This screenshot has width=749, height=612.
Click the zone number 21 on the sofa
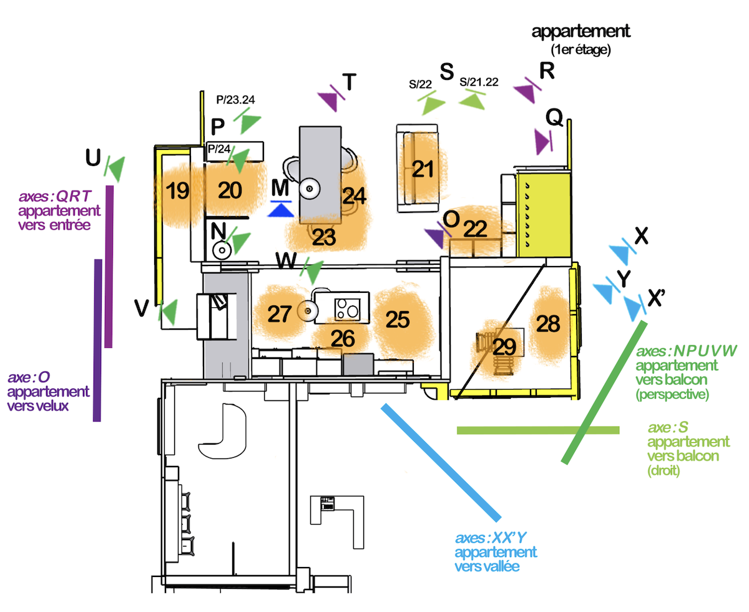click(423, 169)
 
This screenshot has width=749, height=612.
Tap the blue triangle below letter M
click(281, 210)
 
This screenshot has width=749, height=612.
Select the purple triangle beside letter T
click(328, 101)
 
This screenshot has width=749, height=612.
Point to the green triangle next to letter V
click(170, 312)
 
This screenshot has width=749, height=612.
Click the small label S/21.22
click(479, 82)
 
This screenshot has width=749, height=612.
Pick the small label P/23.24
click(235, 100)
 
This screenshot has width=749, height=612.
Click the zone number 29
click(504, 347)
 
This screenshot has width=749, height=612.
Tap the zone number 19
click(177, 190)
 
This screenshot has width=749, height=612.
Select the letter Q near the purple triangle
click(554, 117)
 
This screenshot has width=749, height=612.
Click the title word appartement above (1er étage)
click(580, 31)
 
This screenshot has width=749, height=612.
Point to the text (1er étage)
click(580, 50)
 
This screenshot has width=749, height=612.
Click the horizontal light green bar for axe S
click(538, 430)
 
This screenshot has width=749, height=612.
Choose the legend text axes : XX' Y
click(491, 538)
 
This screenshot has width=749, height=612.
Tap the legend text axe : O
click(29, 377)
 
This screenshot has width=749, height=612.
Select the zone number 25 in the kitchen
click(398, 320)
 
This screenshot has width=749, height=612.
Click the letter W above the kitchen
click(286, 260)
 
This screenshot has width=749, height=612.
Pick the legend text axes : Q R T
click(55, 196)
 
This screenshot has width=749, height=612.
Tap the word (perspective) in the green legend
click(672, 394)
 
